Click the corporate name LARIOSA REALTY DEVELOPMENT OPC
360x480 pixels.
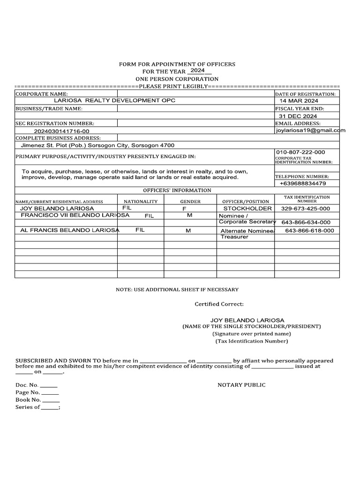pyautogui.click(x=115, y=101)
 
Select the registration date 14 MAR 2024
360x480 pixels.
pyautogui.click(x=299, y=101)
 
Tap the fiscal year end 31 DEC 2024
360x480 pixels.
pyautogui.click(x=298, y=116)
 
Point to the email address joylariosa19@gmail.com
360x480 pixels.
pyautogui.click(x=310, y=131)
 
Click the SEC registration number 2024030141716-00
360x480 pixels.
pyautogui.click(x=61, y=132)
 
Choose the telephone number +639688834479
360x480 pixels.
pyautogui.click(x=302, y=183)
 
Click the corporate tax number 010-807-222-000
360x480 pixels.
pyautogui.click(x=300, y=152)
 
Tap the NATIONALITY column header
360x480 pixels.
pyautogui.click(x=141, y=201)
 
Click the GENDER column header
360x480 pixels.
pyautogui.click(x=190, y=201)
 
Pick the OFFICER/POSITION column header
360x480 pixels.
pyautogui.click(x=246, y=201)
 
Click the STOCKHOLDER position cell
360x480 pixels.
pyautogui.click(x=247, y=208)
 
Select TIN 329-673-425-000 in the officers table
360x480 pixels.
pyautogui.click(x=305, y=209)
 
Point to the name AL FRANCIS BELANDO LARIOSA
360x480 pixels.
pyautogui.click(x=70, y=230)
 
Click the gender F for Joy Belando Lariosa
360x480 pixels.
pyautogui.click(x=184, y=208)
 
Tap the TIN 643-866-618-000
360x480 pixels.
pyautogui.click(x=309, y=231)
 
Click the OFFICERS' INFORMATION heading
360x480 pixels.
pyautogui.click(x=177, y=190)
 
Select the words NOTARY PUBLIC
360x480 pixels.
pyautogui.click(x=241, y=385)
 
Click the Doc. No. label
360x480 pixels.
pyautogui.click(x=27, y=385)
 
